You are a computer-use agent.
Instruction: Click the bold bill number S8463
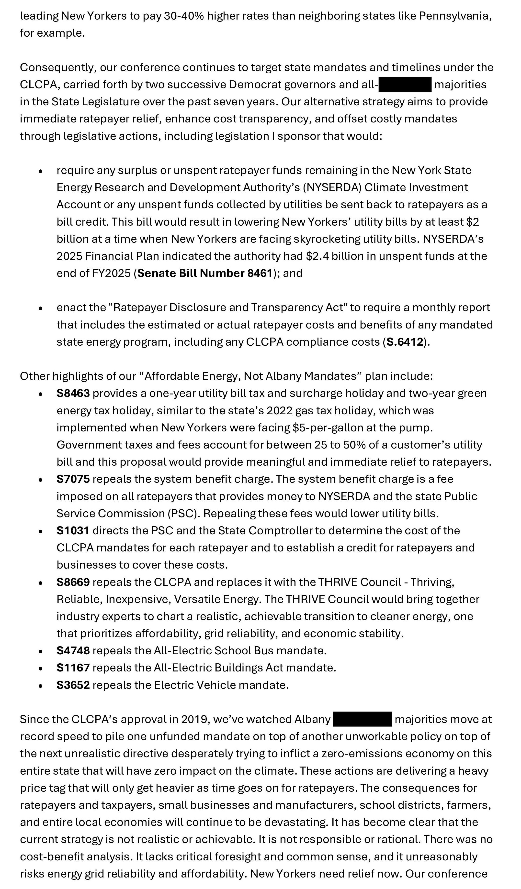click(73, 393)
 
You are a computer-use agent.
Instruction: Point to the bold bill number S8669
click(73, 582)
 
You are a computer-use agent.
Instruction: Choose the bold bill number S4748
click(73, 650)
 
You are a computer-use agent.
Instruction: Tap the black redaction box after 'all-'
click(405, 84)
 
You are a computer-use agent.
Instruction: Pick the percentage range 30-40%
click(184, 16)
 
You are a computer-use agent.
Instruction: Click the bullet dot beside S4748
click(41, 651)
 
